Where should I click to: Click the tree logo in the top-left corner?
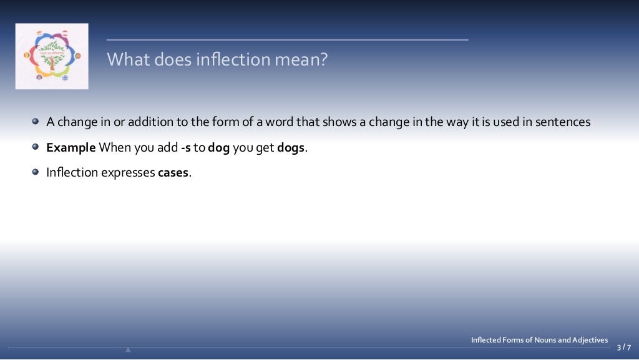(52, 56)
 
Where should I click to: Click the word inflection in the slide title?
(227, 60)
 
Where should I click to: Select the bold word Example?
(71, 148)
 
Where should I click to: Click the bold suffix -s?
(185, 148)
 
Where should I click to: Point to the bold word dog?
(219, 148)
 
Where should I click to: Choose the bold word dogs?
(292, 148)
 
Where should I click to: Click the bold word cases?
(173, 173)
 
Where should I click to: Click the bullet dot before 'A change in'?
(36, 122)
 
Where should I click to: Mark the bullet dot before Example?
(36, 147)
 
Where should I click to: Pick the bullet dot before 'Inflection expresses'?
(36, 172)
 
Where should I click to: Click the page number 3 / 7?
(623, 348)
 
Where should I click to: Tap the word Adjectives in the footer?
(590, 340)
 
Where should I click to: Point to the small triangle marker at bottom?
(128, 349)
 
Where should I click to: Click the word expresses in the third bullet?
(129, 173)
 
